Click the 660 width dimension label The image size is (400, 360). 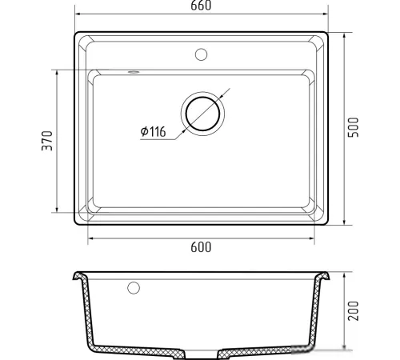[x=201, y=6]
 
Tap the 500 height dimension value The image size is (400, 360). [x=354, y=127]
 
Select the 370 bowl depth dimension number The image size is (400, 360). [x=47, y=141]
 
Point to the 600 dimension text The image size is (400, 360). [x=201, y=247]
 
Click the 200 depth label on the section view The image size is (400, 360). [x=354, y=311]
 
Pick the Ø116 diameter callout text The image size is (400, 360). [x=153, y=131]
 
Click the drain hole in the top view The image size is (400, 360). [x=202, y=114]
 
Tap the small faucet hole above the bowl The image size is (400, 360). [x=201, y=54]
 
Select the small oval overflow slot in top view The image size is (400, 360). [x=133, y=72]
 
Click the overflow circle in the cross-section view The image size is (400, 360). [x=134, y=288]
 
